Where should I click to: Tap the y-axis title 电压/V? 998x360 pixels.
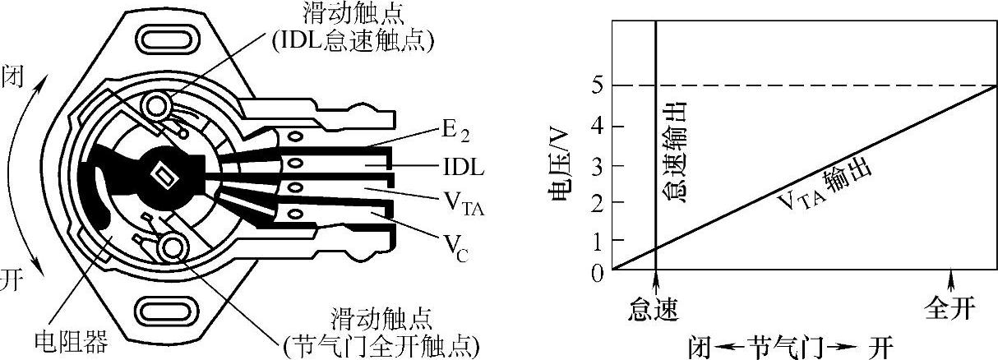tap(561, 178)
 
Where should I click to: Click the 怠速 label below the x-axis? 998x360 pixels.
tap(654, 310)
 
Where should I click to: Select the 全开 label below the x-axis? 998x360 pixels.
tap(950, 310)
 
